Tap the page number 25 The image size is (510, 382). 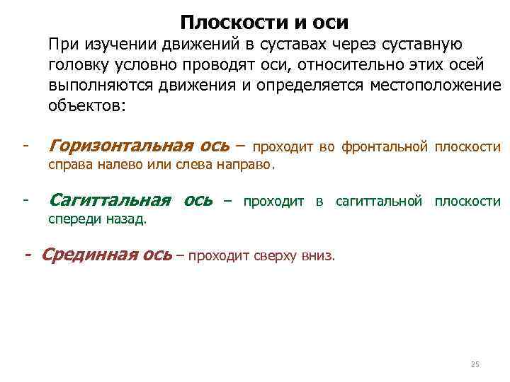click(x=475, y=364)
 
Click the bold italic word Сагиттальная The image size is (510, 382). click(x=111, y=199)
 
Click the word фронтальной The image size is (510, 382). click(x=385, y=147)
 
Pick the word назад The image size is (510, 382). click(x=128, y=219)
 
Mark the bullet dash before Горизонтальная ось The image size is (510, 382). click(x=24, y=146)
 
